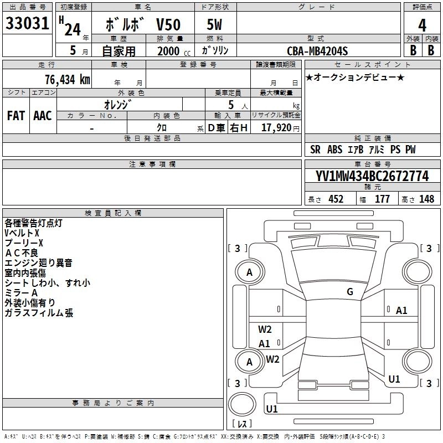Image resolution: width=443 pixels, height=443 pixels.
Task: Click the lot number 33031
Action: click(28, 24)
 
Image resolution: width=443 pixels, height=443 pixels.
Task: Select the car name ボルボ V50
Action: click(142, 25)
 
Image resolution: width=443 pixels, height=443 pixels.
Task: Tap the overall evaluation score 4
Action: click(423, 25)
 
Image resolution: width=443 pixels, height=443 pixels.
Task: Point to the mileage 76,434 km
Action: click(67, 80)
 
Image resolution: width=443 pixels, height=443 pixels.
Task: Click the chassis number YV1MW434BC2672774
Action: click(372, 177)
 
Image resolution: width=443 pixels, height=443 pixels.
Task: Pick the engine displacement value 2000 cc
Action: click(169, 50)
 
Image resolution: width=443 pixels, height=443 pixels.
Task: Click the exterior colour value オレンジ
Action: click(121, 104)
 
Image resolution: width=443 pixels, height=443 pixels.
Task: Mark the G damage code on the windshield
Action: click(350, 292)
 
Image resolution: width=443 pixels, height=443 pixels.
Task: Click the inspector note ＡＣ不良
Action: click(21, 253)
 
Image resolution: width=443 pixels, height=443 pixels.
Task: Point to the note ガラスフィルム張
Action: click(39, 313)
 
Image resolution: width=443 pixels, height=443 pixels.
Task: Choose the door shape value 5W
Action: click(214, 25)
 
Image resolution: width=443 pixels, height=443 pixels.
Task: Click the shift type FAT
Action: click(16, 116)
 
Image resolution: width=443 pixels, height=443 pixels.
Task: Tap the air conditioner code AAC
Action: click(43, 116)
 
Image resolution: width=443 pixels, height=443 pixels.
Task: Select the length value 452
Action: click(336, 199)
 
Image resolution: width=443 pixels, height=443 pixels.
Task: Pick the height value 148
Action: click(426, 199)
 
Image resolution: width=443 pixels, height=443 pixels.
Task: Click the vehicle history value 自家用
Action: click(118, 50)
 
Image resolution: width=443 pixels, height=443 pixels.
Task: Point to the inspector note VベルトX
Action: click(22, 233)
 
